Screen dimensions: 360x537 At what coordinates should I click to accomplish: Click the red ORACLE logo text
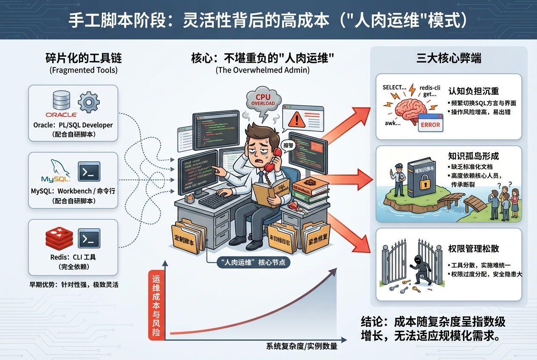tap(61, 115)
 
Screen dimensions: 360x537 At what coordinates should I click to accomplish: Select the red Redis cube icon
tap(59, 238)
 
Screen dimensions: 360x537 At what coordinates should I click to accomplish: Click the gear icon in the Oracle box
tap(89, 102)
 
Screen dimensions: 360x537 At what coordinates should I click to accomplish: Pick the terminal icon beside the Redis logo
tap(89, 238)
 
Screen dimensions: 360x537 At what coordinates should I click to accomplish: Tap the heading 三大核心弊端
tap(449, 58)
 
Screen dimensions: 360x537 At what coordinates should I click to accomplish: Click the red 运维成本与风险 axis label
tap(156, 305)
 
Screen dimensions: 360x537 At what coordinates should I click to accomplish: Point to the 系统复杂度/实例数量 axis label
tap(302, 346)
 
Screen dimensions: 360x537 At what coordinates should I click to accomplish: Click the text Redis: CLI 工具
tap(73, 257)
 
